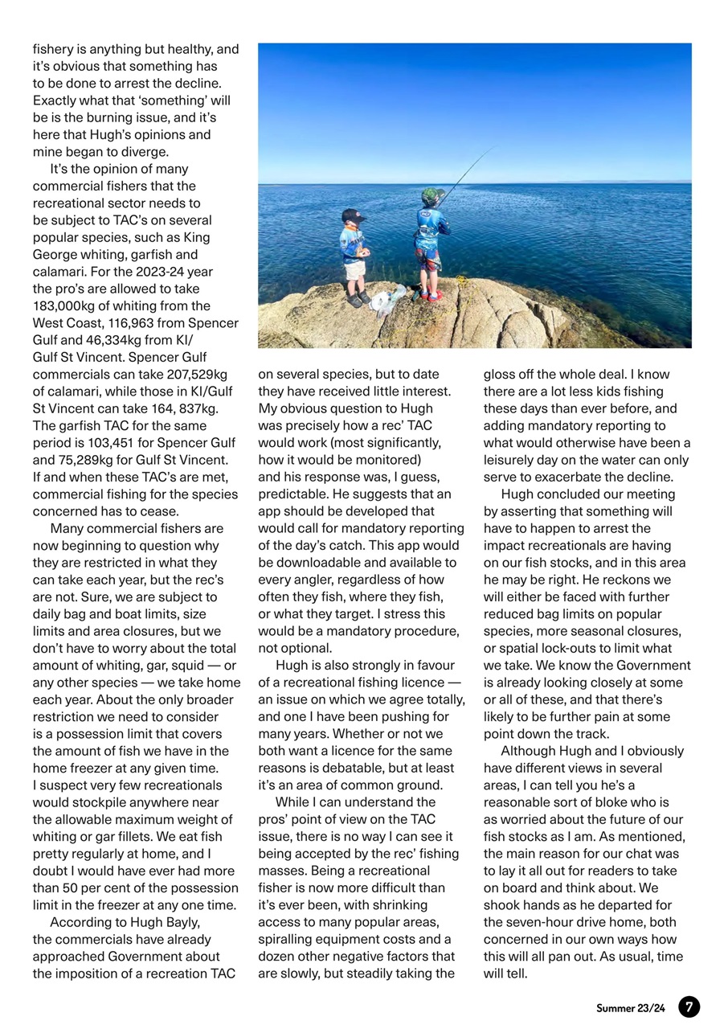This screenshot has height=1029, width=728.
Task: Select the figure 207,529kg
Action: click(197, 374)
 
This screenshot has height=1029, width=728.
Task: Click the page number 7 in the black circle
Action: click(689, 1006)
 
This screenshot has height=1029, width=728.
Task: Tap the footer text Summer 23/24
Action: click(631, 1007)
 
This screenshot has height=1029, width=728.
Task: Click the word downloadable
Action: click(318, 563)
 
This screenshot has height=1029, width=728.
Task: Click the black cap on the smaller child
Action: click(352, 215)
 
